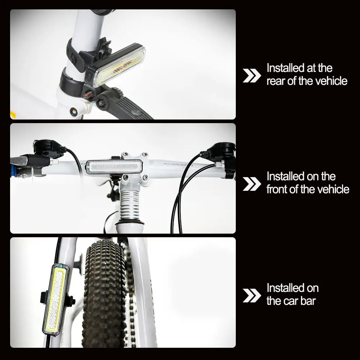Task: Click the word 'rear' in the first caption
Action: tap(276, 81)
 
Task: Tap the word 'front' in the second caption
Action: tap(277, 189)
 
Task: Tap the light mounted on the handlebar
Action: tap(114, 168)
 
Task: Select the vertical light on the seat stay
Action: tap(55, 299)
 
